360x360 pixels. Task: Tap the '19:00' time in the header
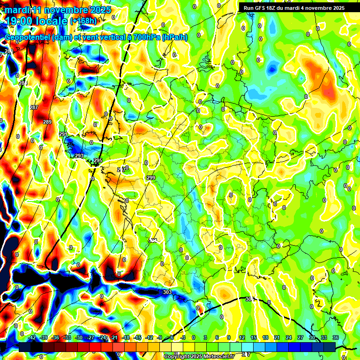pyautogui.click(x=18, y=21)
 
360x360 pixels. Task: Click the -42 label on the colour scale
pyautogui.click(x=32, y=337)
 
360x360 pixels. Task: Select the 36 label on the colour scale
pyautogui.click(x=335, y=337)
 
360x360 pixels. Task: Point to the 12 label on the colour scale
pyautogui.click(x=242, y=337)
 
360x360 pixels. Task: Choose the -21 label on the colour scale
pyautogui.click(x=113, y=337)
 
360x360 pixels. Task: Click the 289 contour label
pyautogui.click(x=47, y=122)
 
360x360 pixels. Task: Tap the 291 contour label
pyautogui.click(x=63, y=135)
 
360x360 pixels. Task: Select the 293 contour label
pyautogui.click(x=79, y=156)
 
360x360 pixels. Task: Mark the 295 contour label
pyautogui.click(x=97, y=161)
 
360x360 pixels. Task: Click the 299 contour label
pyautogui.click(x=150, y=178)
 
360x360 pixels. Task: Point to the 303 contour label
pyautogui.click(x=167, y=292)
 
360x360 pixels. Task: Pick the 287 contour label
pyautogui.click(x=34, y=108)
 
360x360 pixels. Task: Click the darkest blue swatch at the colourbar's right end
pyautogui.click(x=329, y=347)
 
